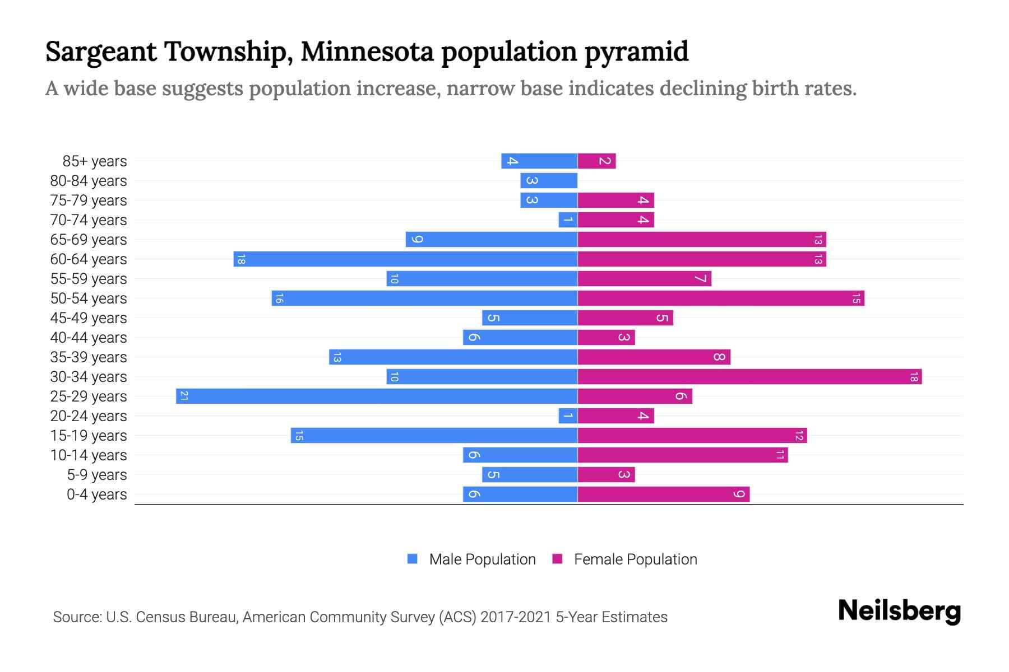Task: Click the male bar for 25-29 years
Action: coord(377,396)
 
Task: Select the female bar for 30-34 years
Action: coord(749,376)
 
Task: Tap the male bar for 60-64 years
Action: coord(405,259)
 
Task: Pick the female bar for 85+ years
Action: coord(596,161)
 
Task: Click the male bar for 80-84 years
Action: coord(549,180)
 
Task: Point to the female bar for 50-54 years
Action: coord(721,298)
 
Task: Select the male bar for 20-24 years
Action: coord(568,416)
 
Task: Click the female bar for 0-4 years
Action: coord(664,494)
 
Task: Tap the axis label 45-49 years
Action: coord(89,318)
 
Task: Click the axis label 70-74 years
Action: coord(89,220)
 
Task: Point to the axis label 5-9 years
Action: coord(97,475)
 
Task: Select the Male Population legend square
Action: coord(413,559)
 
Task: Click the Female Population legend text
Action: coord(635,559)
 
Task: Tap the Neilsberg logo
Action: coord(899,611)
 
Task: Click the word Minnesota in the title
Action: coord(367,52)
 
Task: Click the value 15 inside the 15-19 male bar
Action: coord(299,436)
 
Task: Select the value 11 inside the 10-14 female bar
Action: coord(779,455)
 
